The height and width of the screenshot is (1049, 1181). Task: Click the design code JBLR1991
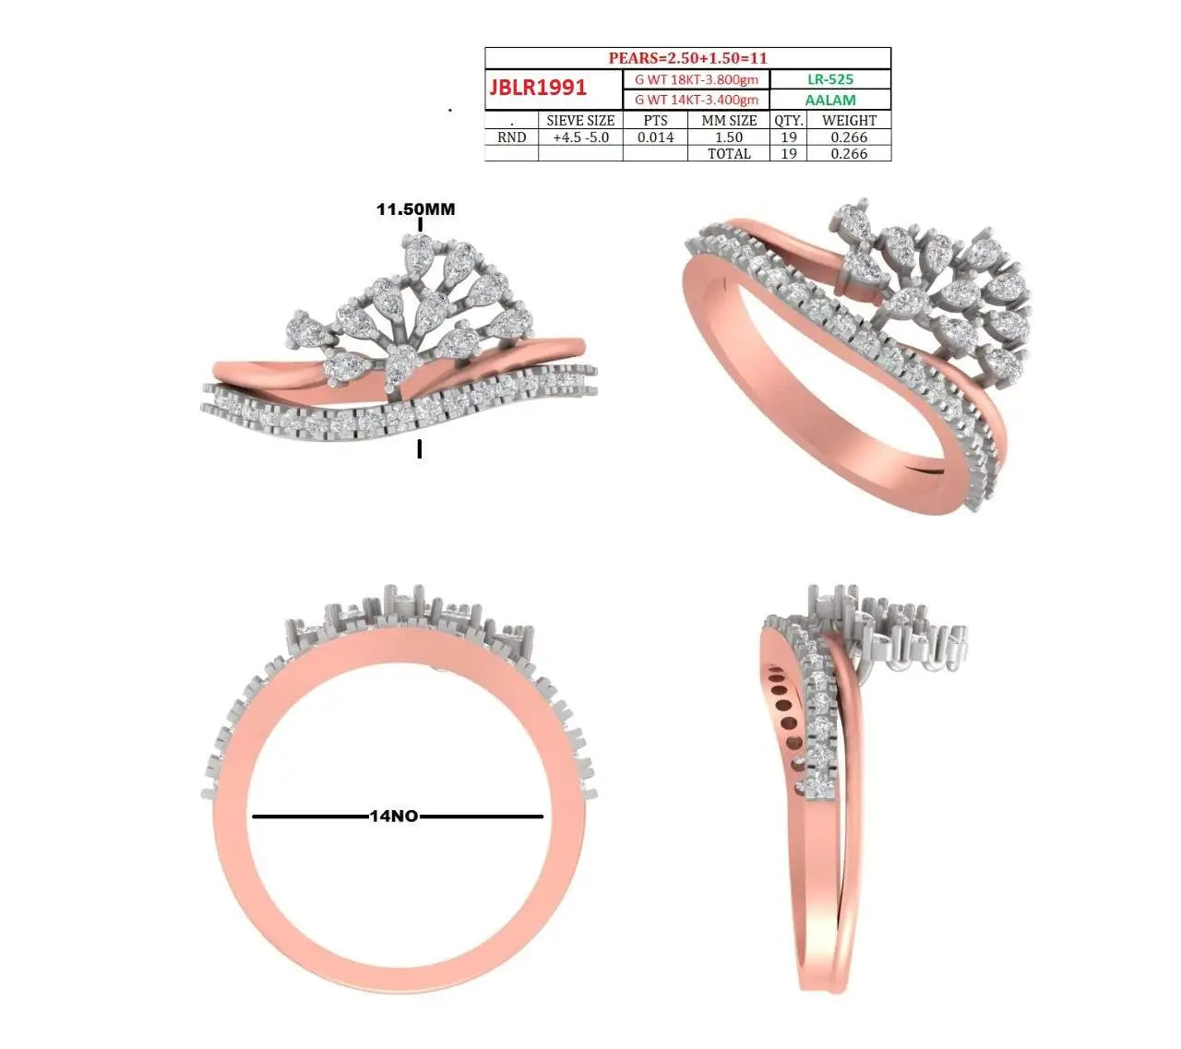[538, 88]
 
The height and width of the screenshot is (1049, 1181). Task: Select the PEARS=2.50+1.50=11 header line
[687, 58]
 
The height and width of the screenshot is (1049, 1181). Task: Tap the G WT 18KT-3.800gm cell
[696, 79]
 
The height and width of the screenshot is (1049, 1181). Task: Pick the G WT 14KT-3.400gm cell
[696, 100]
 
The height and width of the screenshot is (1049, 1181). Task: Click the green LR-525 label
[830, 79]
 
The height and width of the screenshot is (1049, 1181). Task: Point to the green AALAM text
[830, 101]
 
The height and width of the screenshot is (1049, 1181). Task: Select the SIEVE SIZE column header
[580, 121]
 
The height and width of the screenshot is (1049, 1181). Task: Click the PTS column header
[655, 121]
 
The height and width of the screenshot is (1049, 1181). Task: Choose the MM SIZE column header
[729, 121]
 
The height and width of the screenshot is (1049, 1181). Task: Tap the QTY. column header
[789, 121]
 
